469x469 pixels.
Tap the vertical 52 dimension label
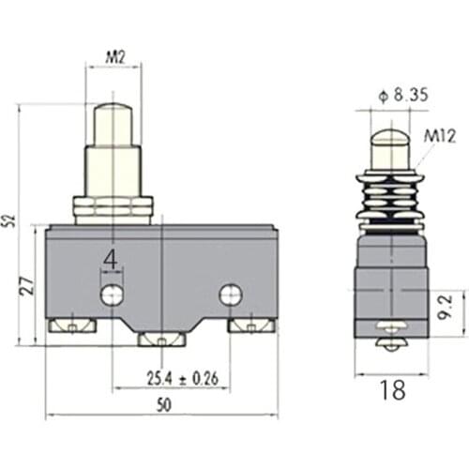click(x=9, y=222)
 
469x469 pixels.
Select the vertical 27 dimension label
click(x=29, y=284)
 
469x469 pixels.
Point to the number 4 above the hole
click(x=111, y=259)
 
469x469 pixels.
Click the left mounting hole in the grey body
click(x=113, y=295)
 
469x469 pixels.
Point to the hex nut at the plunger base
click(x=113, y=208)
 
